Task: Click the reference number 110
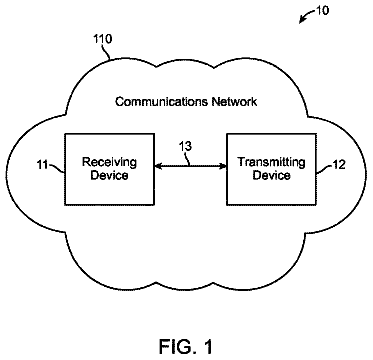point(103,39)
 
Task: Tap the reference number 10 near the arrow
point(322,10)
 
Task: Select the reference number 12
point(339,164)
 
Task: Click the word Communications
point(161,102)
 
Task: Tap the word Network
point(234,102)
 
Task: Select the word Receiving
point(109,163)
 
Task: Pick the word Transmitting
point(271,163)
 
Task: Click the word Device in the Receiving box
point(109,175)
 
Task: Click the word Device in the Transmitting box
point(271,175)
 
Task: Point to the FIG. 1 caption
point(185,346)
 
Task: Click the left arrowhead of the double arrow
point(158,166)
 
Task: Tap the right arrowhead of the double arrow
point(223,166)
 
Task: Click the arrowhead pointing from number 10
point(302,21)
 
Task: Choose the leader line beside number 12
point(324,168)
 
